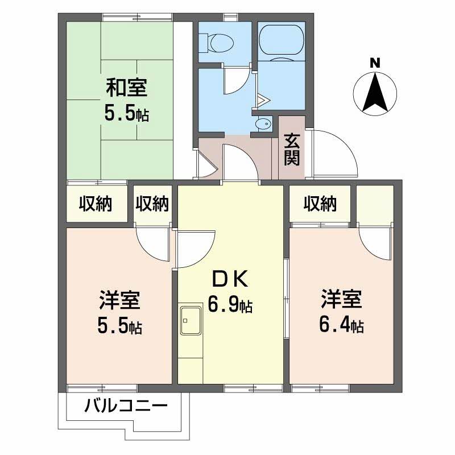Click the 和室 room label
coord(126,88)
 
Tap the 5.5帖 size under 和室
coord(126,114)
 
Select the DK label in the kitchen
coord(230,279)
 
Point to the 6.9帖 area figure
coord(230,306)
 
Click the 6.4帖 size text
coord(341,325)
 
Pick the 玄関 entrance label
coord(292,149)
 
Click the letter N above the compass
coord(375,64)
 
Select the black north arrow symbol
coord(375,94)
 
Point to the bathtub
coord(281,43)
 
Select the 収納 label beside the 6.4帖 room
coord(319,202)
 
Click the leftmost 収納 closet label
coord(95,202)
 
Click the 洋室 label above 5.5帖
coord(120,300)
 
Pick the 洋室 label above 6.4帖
coord(341,299)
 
